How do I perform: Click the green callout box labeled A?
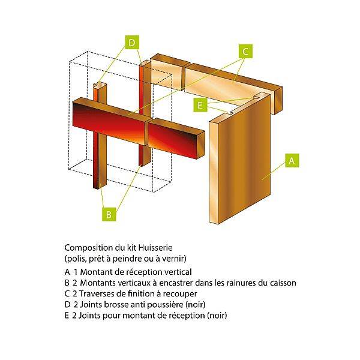292,161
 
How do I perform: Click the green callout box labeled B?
108,214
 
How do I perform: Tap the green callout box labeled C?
245,51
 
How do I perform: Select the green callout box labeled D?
132,43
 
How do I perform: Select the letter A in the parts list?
67,271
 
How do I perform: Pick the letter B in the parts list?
67,283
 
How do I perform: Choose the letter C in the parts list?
67,293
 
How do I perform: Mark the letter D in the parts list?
67,304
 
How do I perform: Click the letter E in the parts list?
67,315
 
